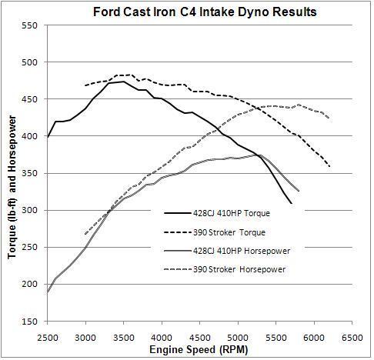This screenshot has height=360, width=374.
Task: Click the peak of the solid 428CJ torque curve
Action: tap(123, 82)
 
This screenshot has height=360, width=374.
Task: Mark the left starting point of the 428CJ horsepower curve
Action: tap(48, 292)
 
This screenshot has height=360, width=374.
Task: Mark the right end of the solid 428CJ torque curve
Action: tap(291, 203)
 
